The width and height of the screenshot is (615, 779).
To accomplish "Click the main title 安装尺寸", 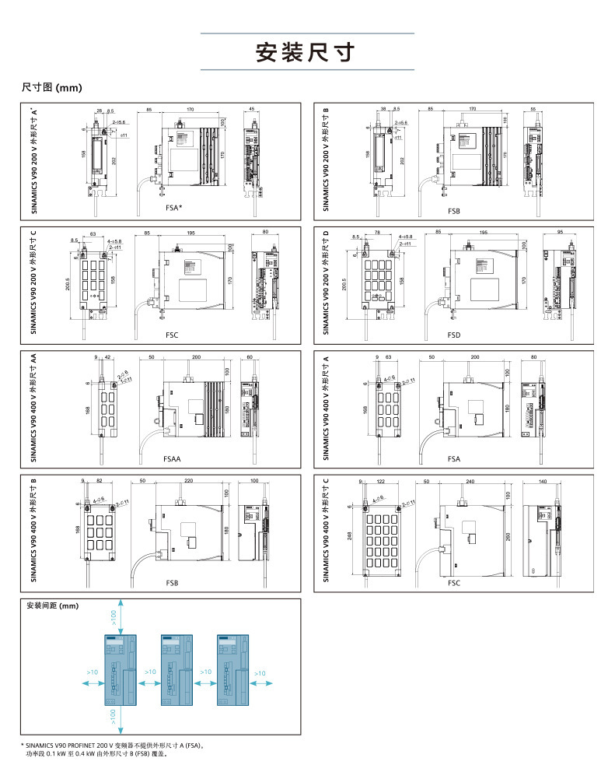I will click(307, 52).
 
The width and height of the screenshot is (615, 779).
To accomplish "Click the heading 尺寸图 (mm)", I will click(52, 87).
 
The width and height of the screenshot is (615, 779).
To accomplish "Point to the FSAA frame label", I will click(172, 460).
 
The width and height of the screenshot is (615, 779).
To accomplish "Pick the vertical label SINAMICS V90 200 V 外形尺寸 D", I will click(327, 282).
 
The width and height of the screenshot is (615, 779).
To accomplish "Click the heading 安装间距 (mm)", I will click(53, 605).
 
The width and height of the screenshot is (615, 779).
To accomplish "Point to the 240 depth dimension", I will click(470, 482).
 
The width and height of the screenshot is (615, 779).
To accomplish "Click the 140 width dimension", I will click(542, 482).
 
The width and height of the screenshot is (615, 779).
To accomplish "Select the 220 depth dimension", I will click(188, 482).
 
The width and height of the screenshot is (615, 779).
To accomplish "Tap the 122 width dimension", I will click(381, 482).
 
